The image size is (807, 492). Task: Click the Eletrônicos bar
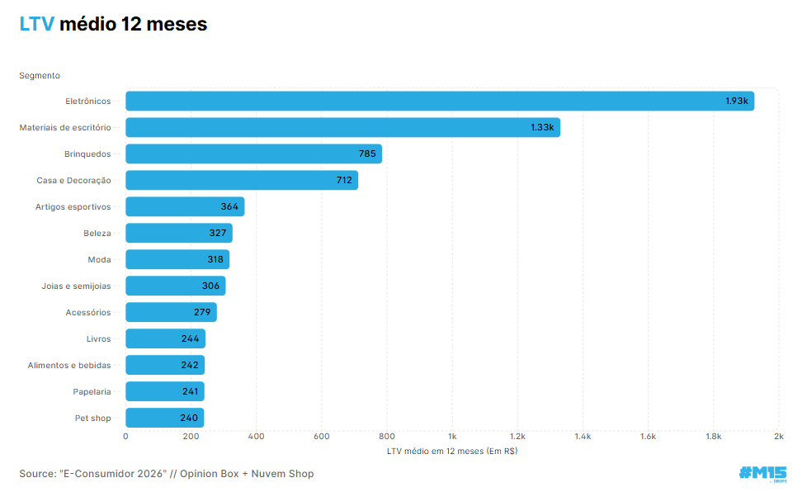[440, 101]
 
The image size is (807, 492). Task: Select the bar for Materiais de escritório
[342, 127]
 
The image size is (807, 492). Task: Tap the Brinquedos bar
[253, 154]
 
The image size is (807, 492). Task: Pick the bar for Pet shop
[164, 418]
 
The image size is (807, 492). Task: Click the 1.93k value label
[736, 101]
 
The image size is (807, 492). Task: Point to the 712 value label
[344, 180]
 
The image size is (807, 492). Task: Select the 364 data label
[229, 206]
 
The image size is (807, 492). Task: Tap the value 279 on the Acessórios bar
[201, 312]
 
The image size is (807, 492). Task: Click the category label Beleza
[97, 233]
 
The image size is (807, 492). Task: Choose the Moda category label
[99, 259]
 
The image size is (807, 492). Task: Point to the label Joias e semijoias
[76, 286]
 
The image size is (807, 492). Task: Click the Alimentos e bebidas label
[69, 365]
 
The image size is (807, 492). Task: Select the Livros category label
[98, 338]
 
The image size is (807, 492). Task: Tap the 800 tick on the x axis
[387, 436]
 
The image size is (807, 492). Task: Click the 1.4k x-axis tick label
[583, 436]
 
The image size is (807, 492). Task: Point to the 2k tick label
[778, 436]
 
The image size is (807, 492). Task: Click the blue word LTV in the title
[36, 25]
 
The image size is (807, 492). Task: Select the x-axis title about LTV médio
[452, 451]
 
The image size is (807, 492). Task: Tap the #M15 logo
[762, 473]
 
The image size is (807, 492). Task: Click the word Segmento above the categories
[40, 75]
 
